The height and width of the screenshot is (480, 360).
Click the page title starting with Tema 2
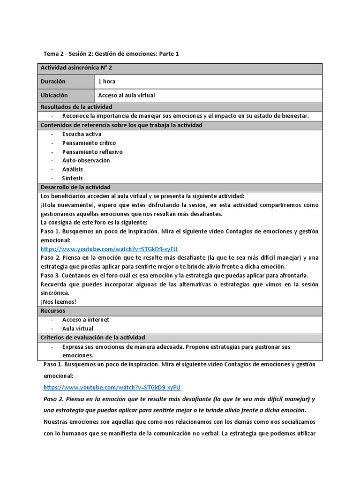[111, 54]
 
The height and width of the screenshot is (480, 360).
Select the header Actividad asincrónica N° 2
[76, 68]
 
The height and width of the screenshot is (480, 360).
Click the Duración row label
[53, 82]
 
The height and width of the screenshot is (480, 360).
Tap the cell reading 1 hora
[106, 82]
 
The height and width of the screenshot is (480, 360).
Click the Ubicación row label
[54, 95]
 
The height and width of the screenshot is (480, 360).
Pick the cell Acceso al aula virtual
[126, 95]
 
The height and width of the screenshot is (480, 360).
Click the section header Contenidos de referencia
[121, 125]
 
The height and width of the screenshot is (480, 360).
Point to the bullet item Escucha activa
[82, 134]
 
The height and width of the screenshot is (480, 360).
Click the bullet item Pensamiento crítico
[89, 143]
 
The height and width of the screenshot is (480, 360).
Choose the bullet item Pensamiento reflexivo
[92, 152]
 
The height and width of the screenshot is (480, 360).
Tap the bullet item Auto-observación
[86, 160]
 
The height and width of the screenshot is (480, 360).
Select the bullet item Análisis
[72, 169]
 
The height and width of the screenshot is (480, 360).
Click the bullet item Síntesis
[72, 178]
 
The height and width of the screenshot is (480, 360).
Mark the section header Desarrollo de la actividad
[75, 187]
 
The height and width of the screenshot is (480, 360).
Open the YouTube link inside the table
[109, 249]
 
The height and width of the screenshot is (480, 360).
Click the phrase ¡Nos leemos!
[58, 302]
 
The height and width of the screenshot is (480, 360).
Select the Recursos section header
[53, 311]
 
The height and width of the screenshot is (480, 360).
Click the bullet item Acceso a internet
[85, 320]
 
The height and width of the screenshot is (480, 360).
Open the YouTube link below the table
[112, 387]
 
